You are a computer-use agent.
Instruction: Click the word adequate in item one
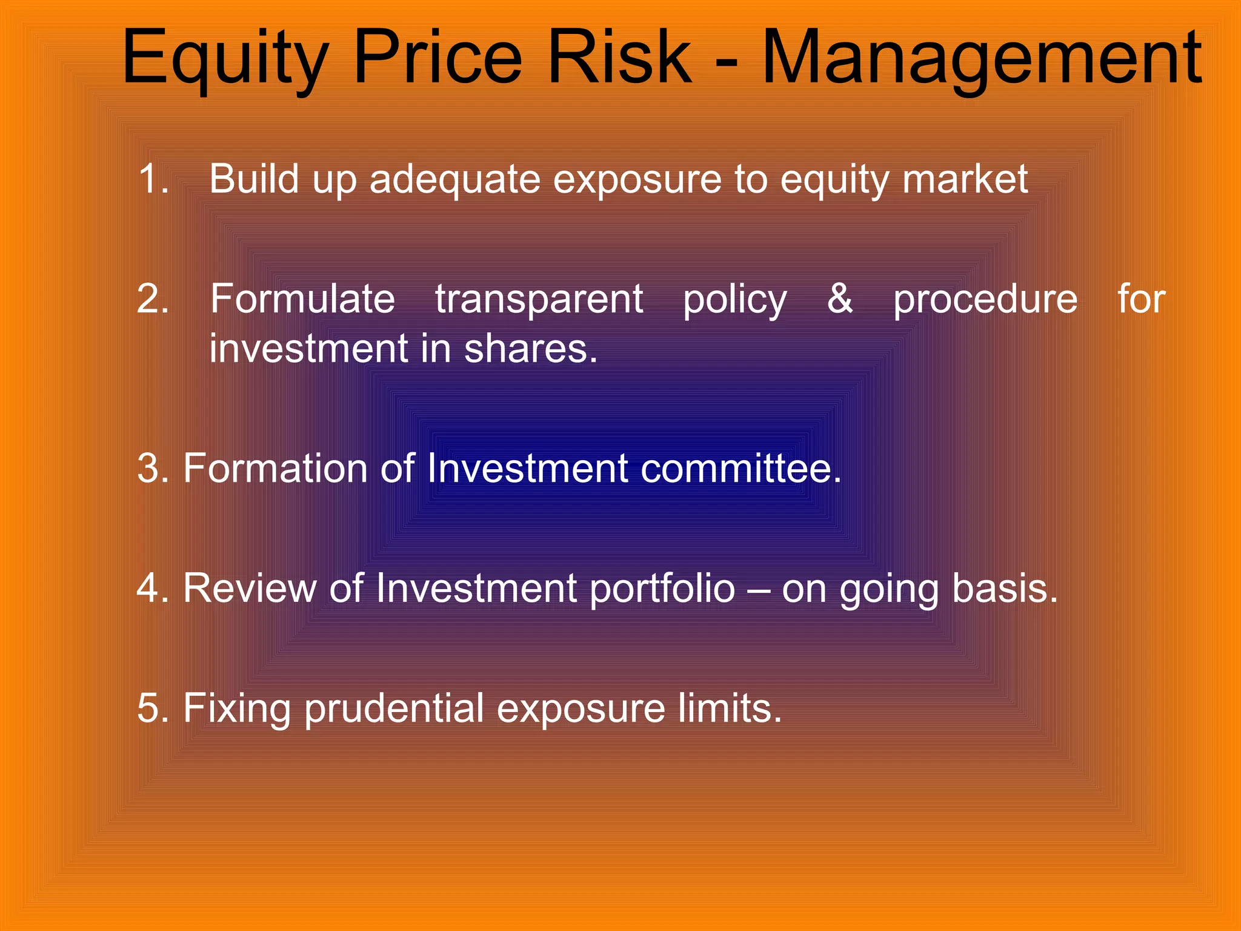454,181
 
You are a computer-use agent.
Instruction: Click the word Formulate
302,299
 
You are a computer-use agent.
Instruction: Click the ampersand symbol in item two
840,299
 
